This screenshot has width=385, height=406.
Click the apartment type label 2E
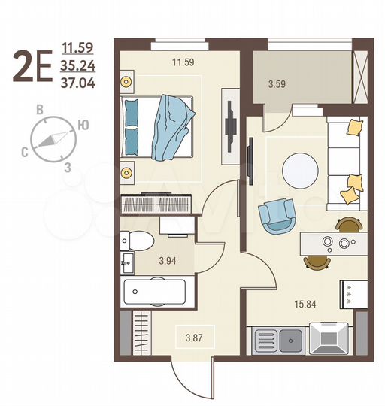(32, 66)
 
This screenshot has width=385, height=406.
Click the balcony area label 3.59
(277, 85)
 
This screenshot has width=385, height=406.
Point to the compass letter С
(25, 153)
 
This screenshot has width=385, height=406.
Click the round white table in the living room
(298, 171)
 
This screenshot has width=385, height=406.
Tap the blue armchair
(276, 214)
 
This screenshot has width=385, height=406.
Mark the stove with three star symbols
(353, 292)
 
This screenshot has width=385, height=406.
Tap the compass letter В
(39, 108)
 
